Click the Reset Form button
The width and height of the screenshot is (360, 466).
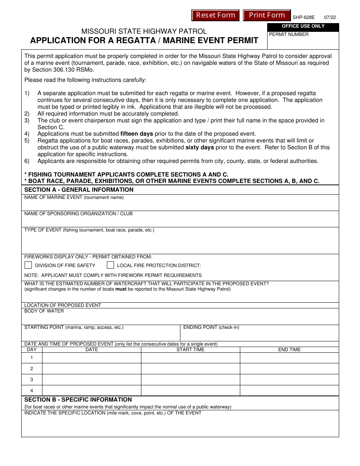216,15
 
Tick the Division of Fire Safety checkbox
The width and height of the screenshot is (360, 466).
28,265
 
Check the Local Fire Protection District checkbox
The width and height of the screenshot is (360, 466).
110,265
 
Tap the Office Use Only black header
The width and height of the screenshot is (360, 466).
303,27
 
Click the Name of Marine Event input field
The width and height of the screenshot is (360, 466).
180,205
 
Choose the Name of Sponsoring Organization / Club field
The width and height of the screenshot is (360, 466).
180,221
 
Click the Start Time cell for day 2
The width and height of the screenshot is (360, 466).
190,369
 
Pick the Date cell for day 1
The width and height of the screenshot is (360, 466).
91,358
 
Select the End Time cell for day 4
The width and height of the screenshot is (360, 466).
289,391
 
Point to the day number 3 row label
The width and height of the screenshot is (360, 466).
31,380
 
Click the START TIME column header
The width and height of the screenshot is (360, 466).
190,350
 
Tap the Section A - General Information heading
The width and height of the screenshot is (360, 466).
79,190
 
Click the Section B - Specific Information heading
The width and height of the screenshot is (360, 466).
78,400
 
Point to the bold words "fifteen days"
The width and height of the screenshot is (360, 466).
137,134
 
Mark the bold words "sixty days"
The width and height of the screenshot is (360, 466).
200,147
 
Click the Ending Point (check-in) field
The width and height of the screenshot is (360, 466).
259,335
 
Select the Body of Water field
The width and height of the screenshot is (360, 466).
180,319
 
